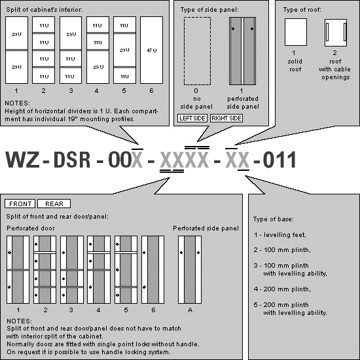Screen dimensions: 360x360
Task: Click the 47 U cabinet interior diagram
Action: click(152, 50)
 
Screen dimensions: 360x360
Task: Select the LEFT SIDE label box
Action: click(192, 118)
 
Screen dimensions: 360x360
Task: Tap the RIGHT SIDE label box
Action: click(226, 118)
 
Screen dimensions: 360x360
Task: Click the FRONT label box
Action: click(20, 204)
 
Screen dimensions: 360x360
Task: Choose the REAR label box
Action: click(54, 204)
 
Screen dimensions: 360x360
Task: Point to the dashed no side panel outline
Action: click(197, 51)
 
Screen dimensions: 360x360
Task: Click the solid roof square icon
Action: click(296, 32)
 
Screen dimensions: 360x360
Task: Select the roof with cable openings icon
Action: click(336, 33)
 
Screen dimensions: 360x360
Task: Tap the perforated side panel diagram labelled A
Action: click(190, 270)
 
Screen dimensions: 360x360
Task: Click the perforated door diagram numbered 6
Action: click(153, 270)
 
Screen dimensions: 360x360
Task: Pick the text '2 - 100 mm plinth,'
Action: click(282, 250)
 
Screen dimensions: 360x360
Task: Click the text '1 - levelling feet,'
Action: click(280, 235)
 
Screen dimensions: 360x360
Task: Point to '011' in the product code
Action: click(279, 160)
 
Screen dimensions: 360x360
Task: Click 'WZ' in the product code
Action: click(22, 160)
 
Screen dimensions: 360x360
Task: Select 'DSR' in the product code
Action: click(72, 160)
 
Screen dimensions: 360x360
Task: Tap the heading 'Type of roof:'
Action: click(302, 10)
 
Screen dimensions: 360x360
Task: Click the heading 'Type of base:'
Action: click(274, 219)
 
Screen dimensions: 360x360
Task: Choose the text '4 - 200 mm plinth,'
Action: click(282, 289)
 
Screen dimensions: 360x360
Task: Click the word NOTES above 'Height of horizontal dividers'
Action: click(17, 103)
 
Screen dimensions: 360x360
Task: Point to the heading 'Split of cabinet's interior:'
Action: click(44, 10)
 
